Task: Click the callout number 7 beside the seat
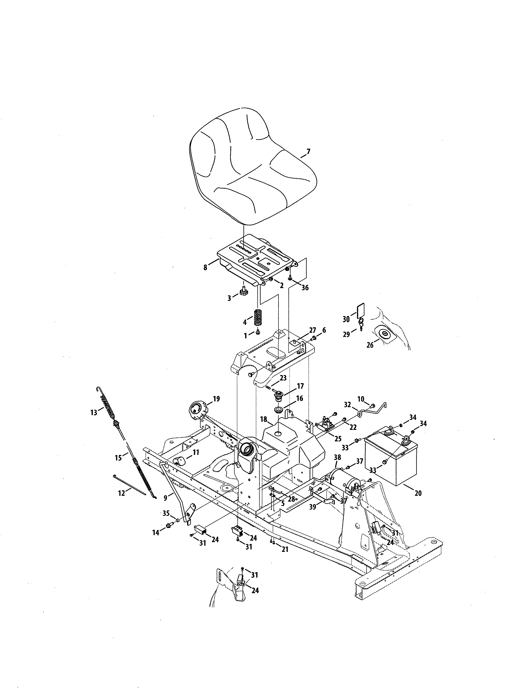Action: [308, 152]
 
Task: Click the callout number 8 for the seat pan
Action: [205, 267]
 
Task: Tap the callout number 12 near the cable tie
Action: [122, 493]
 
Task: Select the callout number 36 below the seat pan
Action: [305, 288]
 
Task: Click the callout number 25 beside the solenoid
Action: [338, 439]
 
